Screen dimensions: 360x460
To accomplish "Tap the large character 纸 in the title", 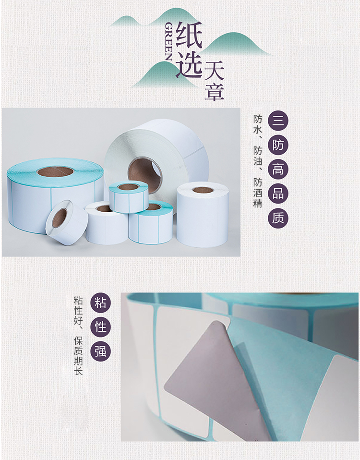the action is [189, 36].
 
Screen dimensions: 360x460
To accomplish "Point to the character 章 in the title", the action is [214, 92].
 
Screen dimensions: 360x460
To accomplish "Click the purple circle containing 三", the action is [278, 121].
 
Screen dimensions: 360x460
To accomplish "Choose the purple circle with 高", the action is [278, 169].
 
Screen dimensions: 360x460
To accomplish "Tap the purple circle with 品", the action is [278, 194].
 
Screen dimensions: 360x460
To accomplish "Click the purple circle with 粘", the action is [100, 303].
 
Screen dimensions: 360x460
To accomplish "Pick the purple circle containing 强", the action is [100, 351].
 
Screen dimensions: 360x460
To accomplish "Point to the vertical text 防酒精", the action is [258, 193].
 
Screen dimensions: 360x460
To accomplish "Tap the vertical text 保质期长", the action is [78, 355].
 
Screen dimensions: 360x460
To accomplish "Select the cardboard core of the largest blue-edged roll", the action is [55, 171].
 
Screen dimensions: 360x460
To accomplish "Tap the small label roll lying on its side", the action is [67, 222].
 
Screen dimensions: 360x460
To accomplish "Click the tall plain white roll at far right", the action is [203, 215].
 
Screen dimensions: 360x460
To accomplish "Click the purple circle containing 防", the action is [278, 145].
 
